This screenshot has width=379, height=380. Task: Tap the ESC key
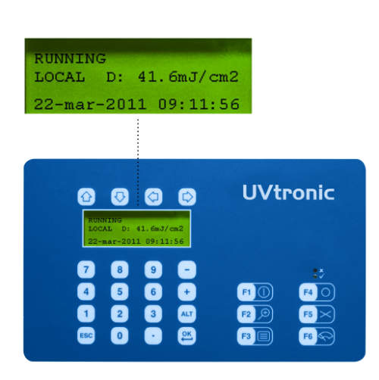pos(86,336)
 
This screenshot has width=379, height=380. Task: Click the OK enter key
pos(186,336)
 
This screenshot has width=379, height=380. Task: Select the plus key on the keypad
pos(186,292)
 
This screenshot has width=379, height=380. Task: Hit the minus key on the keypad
pos(186,269)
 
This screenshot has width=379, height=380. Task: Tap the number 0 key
pos(120,336)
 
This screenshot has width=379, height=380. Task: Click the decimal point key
pos(153,336)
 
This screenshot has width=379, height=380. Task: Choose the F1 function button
pos(255,292)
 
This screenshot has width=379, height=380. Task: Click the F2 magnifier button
pos(255,314)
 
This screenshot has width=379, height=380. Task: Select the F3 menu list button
pos(255,336)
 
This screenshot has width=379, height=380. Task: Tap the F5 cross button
pos(317,314)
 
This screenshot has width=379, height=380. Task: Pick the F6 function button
pos(317,336)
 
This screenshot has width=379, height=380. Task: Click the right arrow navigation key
pos(187,197)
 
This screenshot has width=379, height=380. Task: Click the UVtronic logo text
pos(289,192)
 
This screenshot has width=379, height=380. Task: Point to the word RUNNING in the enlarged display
pos(70,58)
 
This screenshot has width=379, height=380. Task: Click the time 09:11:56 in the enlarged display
pos(199,104)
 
